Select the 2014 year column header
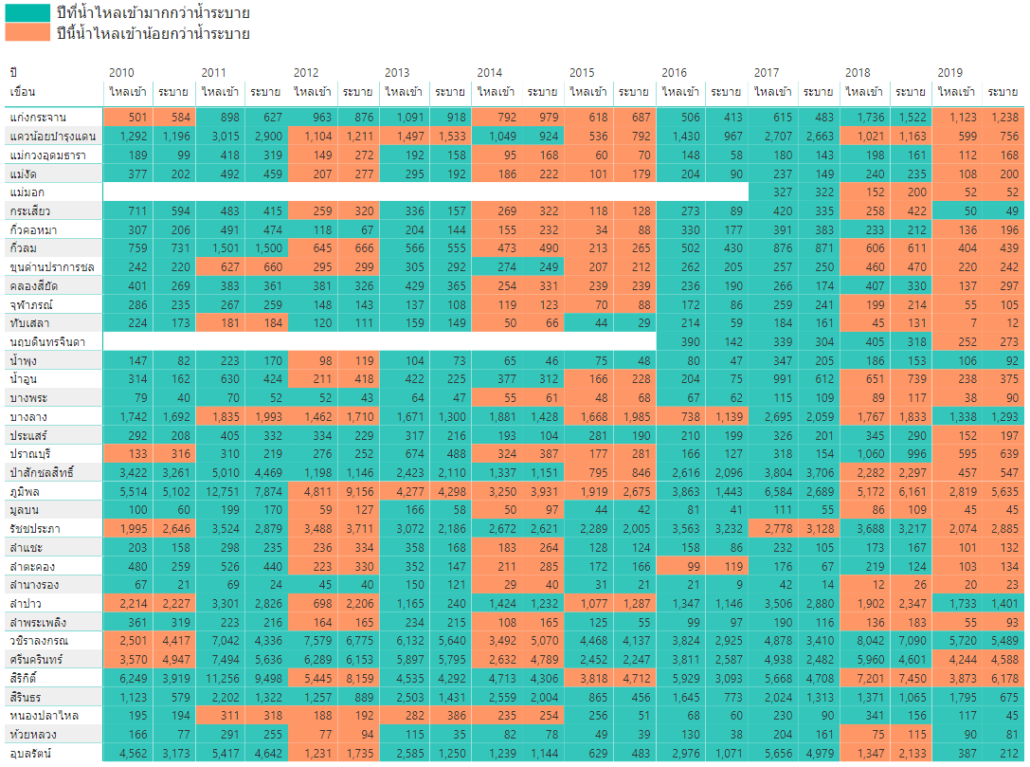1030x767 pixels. click(x=489, y=73)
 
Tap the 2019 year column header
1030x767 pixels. click(x=949, y=73)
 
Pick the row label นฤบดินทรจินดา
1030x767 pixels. click(x=46, y=341)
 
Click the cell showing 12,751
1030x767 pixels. click(x=221, y=491)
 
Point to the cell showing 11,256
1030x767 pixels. click(x=221, y=678)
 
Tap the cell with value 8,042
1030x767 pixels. click(x=865, y=641)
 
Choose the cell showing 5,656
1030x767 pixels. click(x=773, y=753)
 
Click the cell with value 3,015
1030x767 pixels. click(x=221, y=136)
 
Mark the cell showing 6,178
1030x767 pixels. click(x=1002, y=678)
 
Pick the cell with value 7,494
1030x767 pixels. click(x=221, y=660)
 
